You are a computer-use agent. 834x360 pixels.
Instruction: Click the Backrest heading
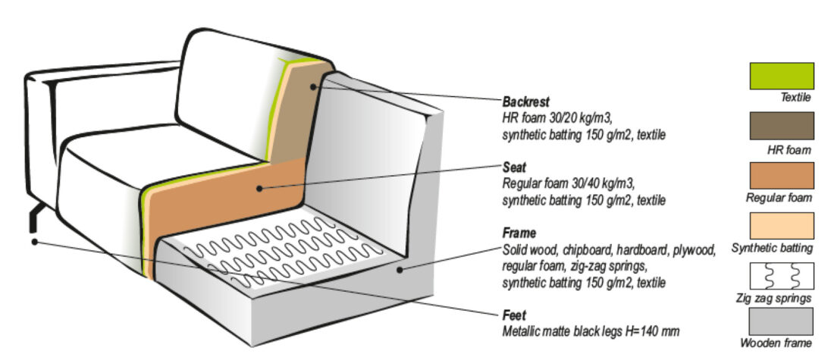coord(525,100)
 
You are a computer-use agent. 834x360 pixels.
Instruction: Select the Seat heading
coord(515,168)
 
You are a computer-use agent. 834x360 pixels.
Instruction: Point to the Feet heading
coord(515,315)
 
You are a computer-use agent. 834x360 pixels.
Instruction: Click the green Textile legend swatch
coord(781,76)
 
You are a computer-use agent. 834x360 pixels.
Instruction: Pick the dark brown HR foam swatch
coord(781,126)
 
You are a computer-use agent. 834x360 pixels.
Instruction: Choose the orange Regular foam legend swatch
coord(781,175)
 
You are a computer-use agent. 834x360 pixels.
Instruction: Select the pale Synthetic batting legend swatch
coord(781,225)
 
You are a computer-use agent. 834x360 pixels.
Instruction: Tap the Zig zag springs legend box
coord(781,275)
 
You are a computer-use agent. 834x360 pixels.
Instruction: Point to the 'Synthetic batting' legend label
coord(772,248)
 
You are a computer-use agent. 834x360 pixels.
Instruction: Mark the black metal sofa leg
coord(33,220)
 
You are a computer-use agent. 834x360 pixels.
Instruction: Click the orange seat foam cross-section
coord(227,197)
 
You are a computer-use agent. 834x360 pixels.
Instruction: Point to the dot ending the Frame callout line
coord(400,268)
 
